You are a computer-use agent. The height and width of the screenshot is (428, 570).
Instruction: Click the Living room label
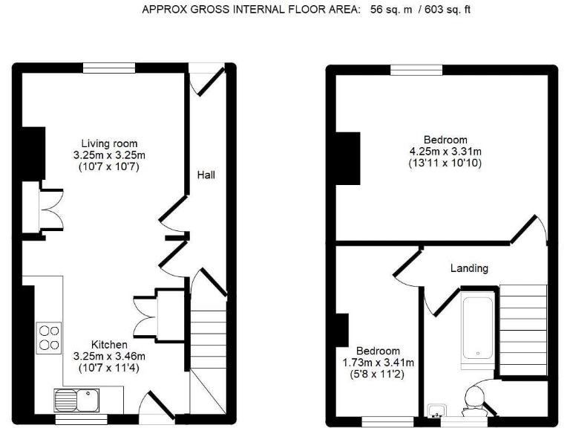click(x=110, y=143)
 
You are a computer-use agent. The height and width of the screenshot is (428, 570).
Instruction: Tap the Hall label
click(x=206, y=175)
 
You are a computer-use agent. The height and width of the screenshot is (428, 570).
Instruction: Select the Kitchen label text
click(x=109, y=345)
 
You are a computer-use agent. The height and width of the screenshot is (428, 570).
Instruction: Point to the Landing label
click(x=469, y=268)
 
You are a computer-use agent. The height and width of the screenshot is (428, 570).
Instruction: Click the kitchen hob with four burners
click(x=49, y=337)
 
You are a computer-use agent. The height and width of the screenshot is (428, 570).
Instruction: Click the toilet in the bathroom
click(x=472, y=402)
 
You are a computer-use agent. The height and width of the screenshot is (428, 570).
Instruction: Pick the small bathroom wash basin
click(x=436, y=409)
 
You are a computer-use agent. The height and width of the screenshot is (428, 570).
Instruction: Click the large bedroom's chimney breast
click(x=347, y=158)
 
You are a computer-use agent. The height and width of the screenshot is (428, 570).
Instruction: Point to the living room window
click(x=109, y=68)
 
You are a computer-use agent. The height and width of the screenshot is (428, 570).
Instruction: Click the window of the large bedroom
click(x=416, y=71)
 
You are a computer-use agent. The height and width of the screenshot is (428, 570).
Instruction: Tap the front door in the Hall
click(x=206, y=80)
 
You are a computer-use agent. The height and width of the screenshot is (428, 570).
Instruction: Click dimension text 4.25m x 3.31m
click(x=445, y=152)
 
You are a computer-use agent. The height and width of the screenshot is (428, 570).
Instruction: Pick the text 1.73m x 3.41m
click(x=378, y=363)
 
